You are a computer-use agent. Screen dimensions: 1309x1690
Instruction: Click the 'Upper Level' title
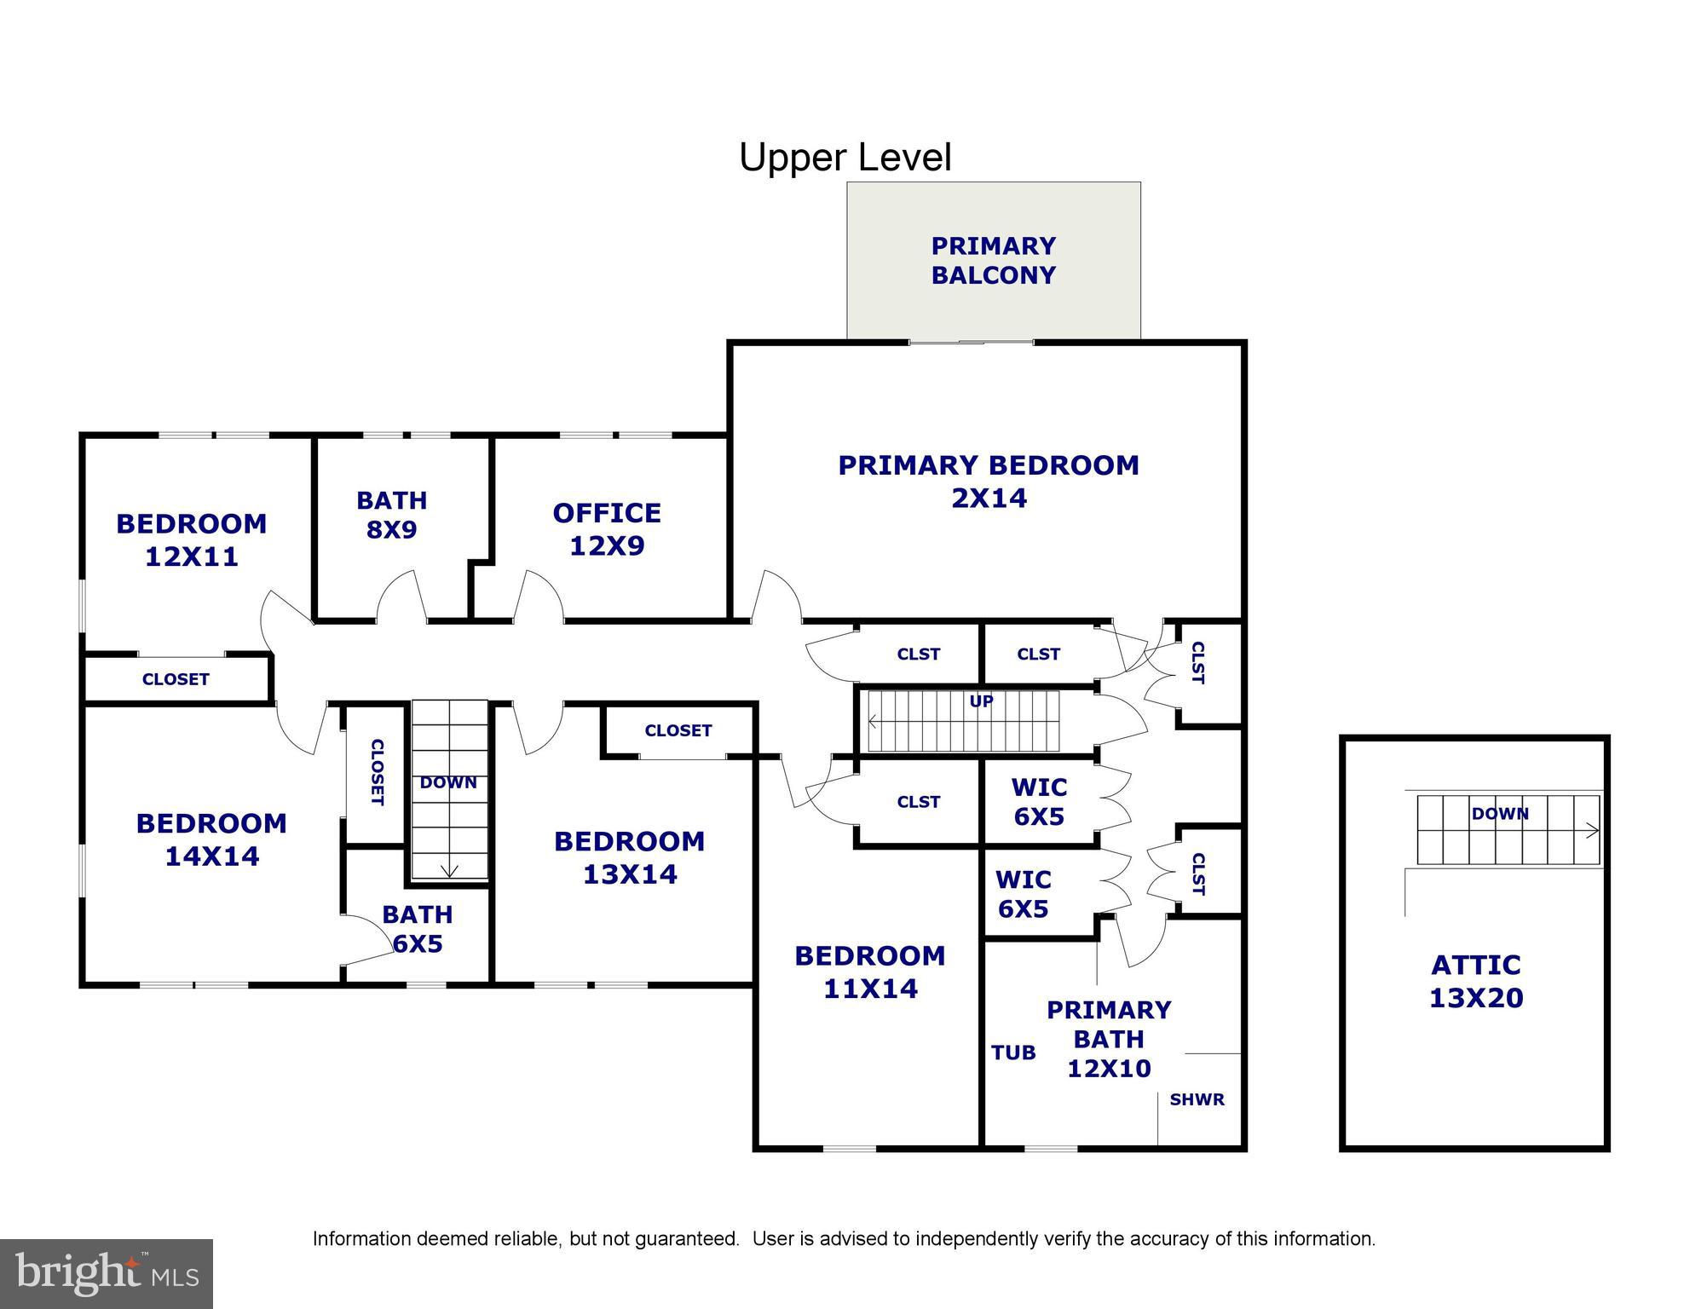845,158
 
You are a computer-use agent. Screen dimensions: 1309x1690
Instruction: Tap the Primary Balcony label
993,261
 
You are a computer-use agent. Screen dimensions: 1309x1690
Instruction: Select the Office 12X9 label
607,529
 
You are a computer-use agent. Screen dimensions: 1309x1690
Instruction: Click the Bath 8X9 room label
391,515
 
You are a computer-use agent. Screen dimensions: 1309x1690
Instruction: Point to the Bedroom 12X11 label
191,539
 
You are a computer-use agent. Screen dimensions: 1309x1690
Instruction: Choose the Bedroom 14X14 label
211,839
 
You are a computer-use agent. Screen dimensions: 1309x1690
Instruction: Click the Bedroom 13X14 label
629,857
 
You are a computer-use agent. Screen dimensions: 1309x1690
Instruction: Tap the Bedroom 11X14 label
869,972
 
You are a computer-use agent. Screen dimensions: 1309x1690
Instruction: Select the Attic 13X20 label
1475,981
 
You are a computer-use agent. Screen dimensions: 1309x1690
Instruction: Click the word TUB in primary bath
1013,1052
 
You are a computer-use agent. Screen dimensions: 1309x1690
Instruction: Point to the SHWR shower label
1197,1099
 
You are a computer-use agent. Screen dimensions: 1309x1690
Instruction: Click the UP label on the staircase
981,701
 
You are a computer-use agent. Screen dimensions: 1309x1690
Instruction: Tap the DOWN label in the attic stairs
1499,814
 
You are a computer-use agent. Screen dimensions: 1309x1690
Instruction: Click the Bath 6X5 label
417,929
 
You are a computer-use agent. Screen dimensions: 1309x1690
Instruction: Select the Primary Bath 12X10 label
1109,1039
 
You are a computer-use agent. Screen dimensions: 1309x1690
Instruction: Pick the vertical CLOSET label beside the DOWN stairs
376,772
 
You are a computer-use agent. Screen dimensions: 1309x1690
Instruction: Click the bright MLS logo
107,1273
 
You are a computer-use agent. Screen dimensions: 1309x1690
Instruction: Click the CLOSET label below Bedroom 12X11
176,679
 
